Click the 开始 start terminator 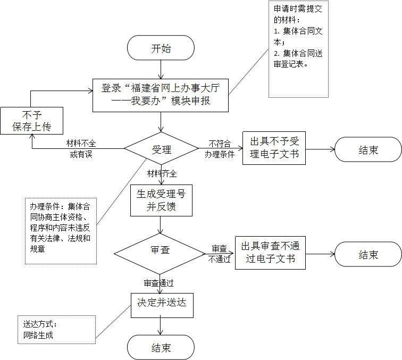click(x=161, y=49)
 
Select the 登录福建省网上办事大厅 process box click(x=161, y=95)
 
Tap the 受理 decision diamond click(x=161, y=149)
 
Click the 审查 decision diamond click(x=161, y=250)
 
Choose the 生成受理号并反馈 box click(x=161, y=200)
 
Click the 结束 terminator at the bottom click(x=161, y=348)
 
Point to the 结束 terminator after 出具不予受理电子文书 click(x=368, y=149)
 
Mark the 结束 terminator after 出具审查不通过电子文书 click(x=368, y=255)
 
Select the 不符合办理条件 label click(x=219, y=149)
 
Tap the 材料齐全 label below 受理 click(x=162, y=173)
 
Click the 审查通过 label click(x=160, y=282)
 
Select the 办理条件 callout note click(x=60, y=230)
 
